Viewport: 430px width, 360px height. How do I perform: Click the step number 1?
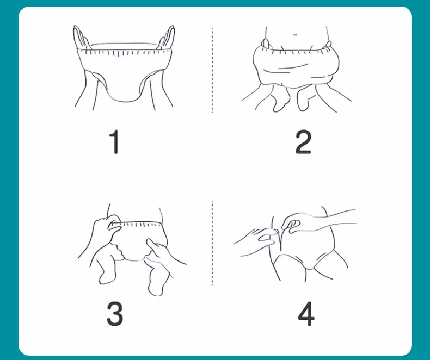click(115, 141)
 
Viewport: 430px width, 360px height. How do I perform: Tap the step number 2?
click(303, 141)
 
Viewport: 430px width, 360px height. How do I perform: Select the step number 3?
click(115, 314)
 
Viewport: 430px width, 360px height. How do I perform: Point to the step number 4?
click(306, 314)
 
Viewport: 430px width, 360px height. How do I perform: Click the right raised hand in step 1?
click(167, 39)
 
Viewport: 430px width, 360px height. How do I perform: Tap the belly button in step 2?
click(295, 35)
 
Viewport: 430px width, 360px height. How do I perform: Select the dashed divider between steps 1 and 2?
click(212, 70)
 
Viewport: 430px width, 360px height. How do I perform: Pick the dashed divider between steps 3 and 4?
click(212, 243)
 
